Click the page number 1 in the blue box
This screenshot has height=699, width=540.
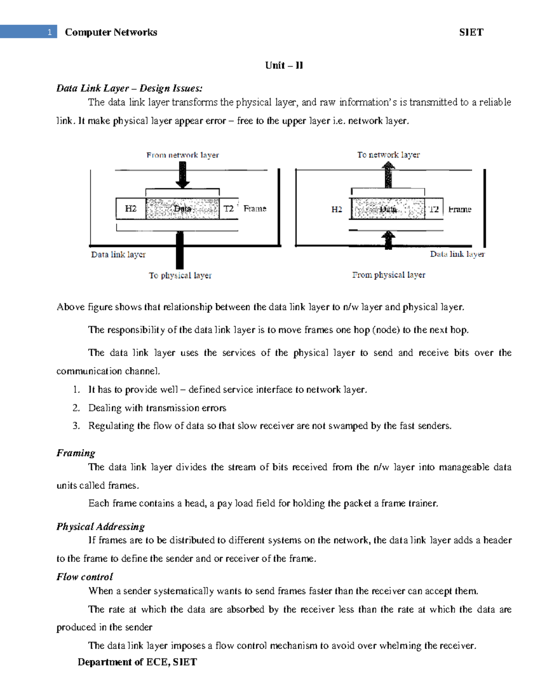pyautogui.click(x=49, y=32)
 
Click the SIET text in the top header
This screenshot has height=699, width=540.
pyautogui.click(x=471, y=32)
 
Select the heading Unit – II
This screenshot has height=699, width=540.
pyautogui.click(x=284, y=65)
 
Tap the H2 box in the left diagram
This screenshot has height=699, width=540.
pyautogui.click(x=130, y=208)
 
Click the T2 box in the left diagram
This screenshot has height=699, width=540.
pyautogui.click(x=229, y=208)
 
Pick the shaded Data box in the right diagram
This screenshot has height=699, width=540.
pyautogui.click(x=387, y=209)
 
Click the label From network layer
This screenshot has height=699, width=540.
pyautogui.click(x=182, y=155)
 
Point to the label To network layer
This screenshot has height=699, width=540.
pyautogui.click(x=388, y=154)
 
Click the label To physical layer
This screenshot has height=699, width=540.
pyautogui.click(x=180, y=275)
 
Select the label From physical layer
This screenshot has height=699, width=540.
pyautogui.click(x=388, y=275)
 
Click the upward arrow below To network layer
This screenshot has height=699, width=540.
pyautogui.click(x=388, y=175)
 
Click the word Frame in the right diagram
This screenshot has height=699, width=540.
pyautogui.click(x=459, y=209)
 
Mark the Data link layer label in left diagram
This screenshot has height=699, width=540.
pyautogui.click(x=118, y=254)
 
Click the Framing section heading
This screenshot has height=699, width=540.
pyautogui.click(x=76, y=453)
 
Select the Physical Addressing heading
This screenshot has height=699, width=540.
pyautogui.click(x=100, y=526)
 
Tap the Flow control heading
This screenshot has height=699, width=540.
pyautogui.click(x=85, y=577)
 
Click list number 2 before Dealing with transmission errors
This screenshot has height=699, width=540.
pyautogui.click(x=76, y=408)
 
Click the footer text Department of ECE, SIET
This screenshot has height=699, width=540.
pyautogui.click(x=137, y=662)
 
